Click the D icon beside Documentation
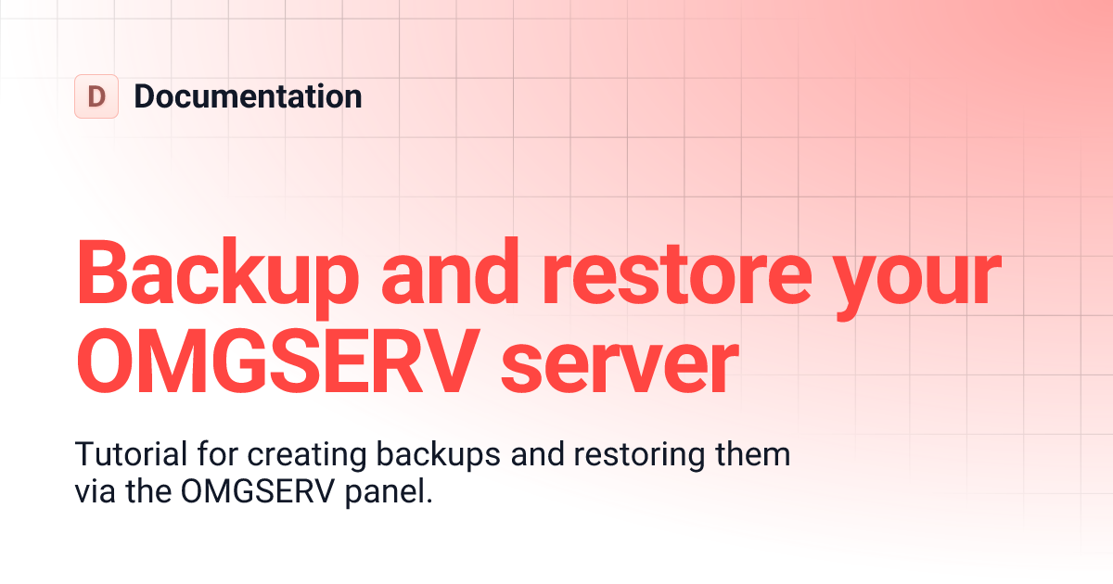coord(96,96)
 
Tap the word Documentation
coord(248,96)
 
